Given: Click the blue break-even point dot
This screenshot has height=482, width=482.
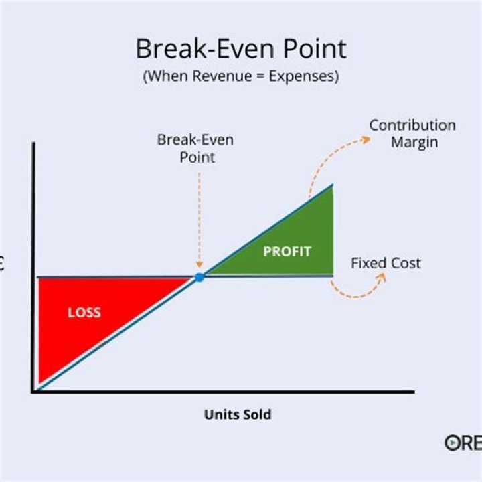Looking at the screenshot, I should [x=199, y=277].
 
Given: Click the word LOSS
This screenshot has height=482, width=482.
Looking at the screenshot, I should [x=84, y=312].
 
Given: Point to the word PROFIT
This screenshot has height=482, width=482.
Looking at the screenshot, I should [x=287, y=252].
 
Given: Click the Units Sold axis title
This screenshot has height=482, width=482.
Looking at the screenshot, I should [x=238, y=414].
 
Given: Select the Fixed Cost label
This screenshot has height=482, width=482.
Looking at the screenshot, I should [x=386, y=263].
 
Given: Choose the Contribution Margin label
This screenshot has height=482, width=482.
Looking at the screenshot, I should [x=412, y=133].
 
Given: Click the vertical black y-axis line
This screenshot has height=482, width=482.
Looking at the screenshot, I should [x=33, y=268].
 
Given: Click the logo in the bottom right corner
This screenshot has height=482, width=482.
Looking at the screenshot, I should [x=463, y=443].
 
